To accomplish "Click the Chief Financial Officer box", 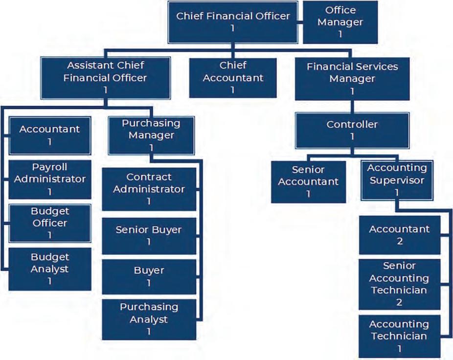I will pos(233,22).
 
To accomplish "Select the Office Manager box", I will pos(340,22).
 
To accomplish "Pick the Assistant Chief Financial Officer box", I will pos(105,78).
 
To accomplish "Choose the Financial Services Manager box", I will pos(352,78).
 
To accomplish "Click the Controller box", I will pos(352,130).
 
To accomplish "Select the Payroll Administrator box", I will pos(49,179).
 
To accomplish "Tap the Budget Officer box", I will pos(49,223).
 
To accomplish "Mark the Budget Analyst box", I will pos(49,269).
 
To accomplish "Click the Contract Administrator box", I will pos(149,189).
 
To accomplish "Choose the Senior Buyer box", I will pos(149,235).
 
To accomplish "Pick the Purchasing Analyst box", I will pos(149,319).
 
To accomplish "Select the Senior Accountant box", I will pos(308,181).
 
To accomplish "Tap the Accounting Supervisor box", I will pos(397,180).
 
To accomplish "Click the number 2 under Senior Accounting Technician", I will pos(399,302).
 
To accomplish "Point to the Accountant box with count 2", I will pos(399,235).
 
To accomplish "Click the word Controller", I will pos(352,124).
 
